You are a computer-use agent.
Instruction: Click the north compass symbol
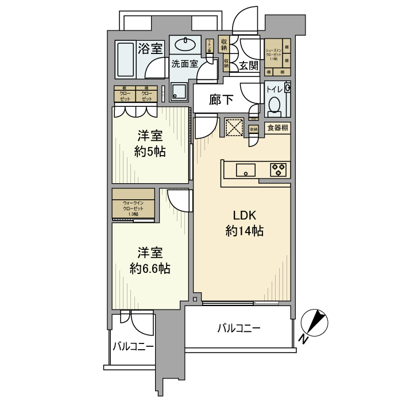(x=314, y=324)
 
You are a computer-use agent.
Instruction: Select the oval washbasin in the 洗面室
(x=185, y=45)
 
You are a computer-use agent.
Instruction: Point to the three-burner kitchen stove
(x=279, y=169)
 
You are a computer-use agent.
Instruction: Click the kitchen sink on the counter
(x=246, y=169)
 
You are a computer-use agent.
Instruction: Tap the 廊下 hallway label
(x=221, y=100)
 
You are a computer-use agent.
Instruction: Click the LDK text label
(x=244, y=216)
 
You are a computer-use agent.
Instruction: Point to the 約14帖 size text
(x=244, y=231)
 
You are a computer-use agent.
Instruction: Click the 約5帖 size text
(x=150, y=152)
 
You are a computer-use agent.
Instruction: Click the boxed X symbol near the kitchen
(x=234, y=127)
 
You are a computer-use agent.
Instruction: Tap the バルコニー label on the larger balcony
(x=239, y=329)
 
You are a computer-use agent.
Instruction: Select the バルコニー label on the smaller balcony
(x=133, y=347)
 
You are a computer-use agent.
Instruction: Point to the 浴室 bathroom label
(x=151, y=48)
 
